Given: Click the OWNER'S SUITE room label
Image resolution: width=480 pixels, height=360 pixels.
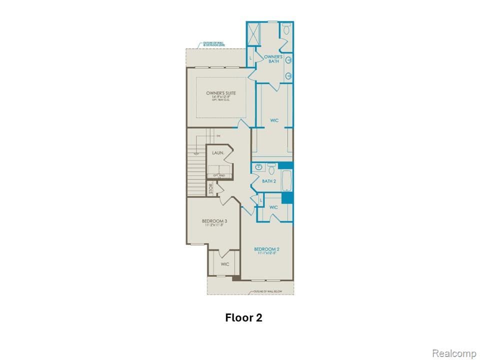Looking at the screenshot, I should point(220,93).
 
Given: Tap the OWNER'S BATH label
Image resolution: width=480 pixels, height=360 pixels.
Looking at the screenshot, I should point(273,59).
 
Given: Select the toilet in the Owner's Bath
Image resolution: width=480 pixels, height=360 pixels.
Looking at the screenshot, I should point(286,29).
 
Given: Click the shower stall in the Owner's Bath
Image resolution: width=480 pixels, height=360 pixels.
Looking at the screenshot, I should point(254,33).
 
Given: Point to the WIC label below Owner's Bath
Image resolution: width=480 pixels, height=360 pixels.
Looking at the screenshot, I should point(274,120).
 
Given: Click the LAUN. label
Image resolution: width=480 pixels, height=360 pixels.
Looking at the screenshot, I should point(217,152).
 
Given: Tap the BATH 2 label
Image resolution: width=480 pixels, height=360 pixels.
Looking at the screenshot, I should point(269,181).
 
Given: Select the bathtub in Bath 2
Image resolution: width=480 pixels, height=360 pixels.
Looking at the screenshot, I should point(287,180).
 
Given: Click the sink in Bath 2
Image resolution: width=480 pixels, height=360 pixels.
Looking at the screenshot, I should point(258,166).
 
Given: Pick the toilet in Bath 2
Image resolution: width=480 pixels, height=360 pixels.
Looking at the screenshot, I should point(271,167).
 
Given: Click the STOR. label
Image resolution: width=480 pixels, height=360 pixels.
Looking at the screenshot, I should point(211,189).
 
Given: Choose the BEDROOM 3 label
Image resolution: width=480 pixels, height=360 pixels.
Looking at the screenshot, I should point(214,221).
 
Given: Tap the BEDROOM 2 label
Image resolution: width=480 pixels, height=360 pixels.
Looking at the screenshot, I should point(266,249).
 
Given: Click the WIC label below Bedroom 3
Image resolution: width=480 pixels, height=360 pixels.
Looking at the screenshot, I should point(225,264).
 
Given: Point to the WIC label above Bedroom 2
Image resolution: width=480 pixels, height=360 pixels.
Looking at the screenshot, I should point(273,207).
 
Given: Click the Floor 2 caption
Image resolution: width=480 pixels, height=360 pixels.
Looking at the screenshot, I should point(243,317).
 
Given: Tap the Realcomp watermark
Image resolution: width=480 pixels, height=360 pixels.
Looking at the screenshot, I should point(453,353).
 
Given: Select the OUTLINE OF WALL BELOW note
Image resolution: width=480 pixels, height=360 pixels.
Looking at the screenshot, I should point(265,290).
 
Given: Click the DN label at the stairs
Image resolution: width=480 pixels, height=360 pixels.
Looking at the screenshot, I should point(218,136).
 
